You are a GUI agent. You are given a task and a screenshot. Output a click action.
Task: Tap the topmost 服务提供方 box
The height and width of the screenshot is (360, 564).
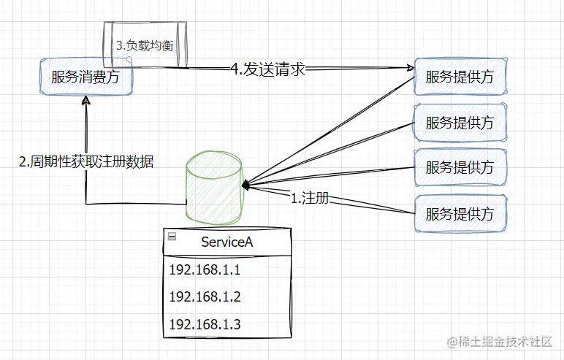click(460, 77)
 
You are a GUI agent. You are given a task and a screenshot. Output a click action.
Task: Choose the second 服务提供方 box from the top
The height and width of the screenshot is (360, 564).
click(460, 122)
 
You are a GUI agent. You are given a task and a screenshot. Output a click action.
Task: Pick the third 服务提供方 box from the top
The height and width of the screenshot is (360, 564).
click(460, 167)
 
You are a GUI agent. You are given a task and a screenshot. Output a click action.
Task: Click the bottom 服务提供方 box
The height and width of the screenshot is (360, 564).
click(460, 213)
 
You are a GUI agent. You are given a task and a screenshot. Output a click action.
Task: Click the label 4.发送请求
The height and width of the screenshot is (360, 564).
click(267, 69)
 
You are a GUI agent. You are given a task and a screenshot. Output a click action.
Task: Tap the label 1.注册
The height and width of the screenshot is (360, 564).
click(309, 197)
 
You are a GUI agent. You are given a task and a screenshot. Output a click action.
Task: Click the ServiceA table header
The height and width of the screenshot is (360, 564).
click(226, 242)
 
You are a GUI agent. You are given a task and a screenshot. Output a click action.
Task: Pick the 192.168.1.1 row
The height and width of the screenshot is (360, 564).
click(205, 270)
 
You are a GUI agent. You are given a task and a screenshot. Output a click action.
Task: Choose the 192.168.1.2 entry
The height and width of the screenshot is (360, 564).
click(205, 297)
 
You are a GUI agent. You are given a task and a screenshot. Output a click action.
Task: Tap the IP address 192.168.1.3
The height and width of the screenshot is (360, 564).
click(205, 324)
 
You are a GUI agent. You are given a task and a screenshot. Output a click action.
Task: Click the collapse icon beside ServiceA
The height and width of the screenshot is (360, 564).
click(172, 236)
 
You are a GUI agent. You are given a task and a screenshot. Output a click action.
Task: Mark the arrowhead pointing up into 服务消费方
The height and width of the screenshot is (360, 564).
click(86, 103)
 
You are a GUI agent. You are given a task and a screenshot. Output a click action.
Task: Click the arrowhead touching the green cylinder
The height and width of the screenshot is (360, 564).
click(247, 184)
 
